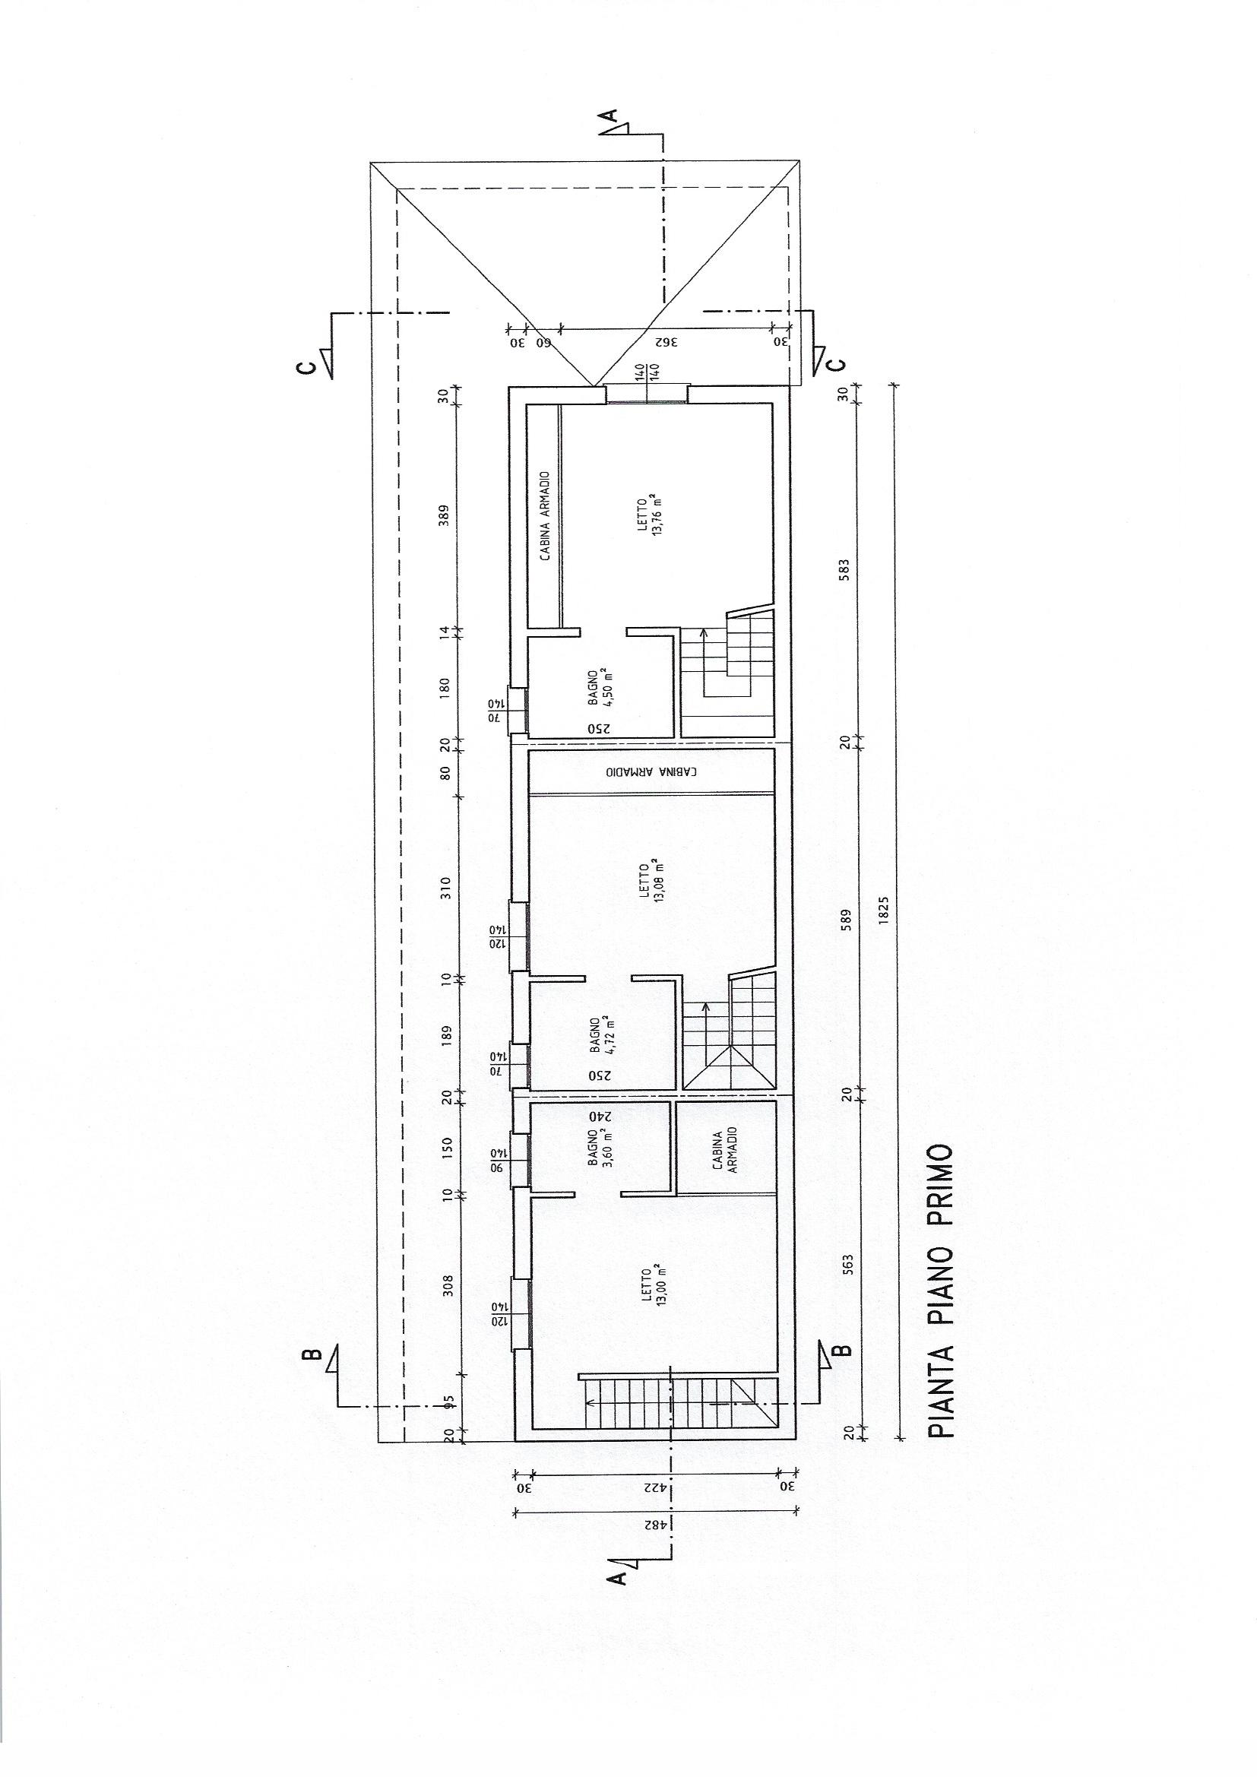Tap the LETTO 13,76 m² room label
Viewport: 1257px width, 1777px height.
648,517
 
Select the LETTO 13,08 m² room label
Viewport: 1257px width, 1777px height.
648,883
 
